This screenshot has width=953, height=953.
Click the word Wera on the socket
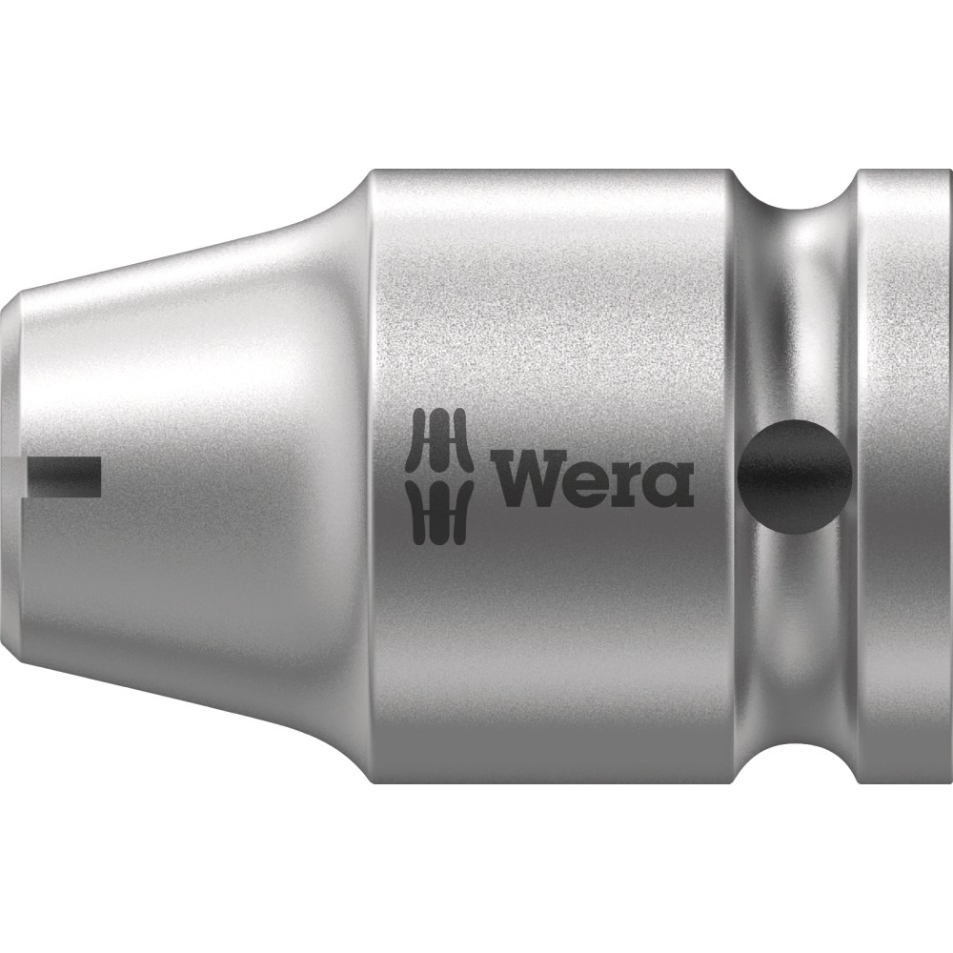pos(595,477)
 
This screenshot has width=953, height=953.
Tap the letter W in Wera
pos(533,477)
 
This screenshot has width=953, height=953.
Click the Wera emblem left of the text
pos(439,477)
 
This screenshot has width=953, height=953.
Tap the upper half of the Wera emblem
pos(439,440)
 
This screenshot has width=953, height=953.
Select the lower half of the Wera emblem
pos(439,515)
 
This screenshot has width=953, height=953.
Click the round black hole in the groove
pos(795,476)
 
